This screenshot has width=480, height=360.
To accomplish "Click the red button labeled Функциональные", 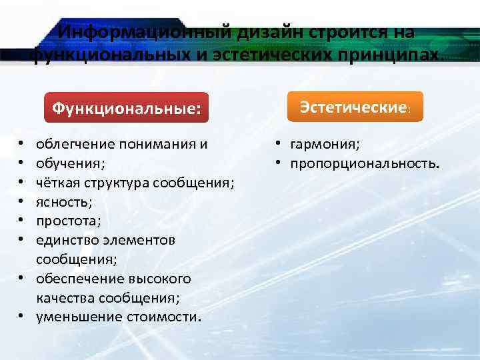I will tap(126, 108).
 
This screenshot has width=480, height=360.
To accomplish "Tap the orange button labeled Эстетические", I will tap(355, 107).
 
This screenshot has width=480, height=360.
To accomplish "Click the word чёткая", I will tap(58, 181).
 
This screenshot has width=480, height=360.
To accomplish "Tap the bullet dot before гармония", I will tap(274, 143).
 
